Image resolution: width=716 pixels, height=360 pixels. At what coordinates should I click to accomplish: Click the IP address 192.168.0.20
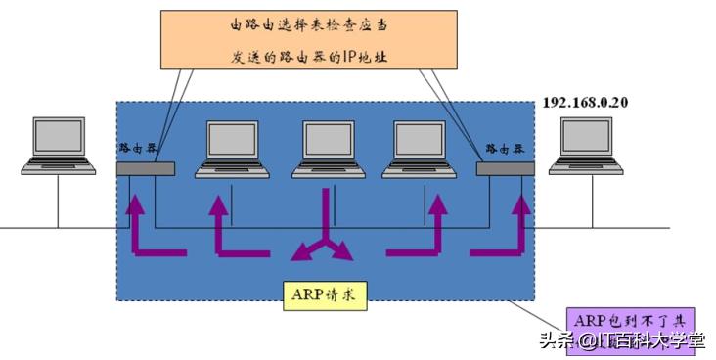click(x=584, y=102)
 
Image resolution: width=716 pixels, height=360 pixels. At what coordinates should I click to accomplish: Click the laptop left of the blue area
click(x=59, y=146)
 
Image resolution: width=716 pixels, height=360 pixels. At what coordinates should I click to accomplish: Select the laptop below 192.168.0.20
click(x=586, y=146)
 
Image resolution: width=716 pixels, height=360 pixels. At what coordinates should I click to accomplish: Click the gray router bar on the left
click(x=145, y=168)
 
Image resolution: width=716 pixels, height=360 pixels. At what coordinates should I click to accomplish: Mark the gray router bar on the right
click(x=505, y=168)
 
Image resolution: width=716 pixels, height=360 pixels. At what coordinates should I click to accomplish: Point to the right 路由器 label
click(x=507, y=147)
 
